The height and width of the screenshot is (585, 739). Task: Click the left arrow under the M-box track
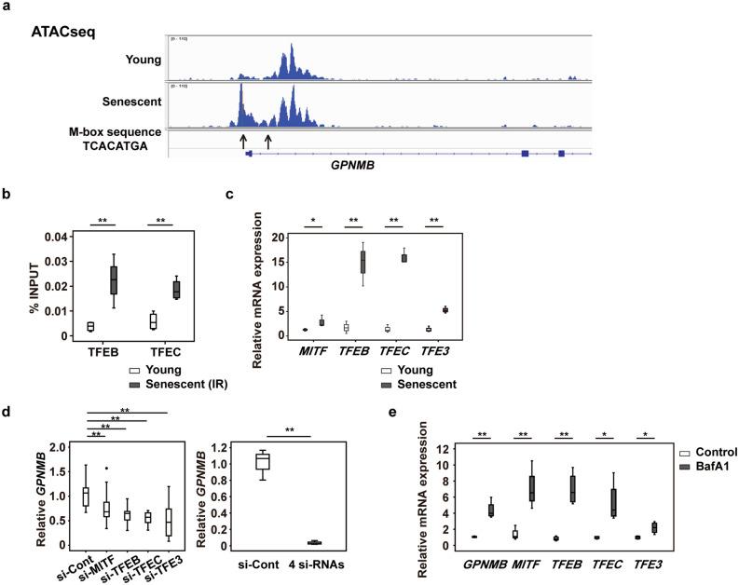point(243,141)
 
